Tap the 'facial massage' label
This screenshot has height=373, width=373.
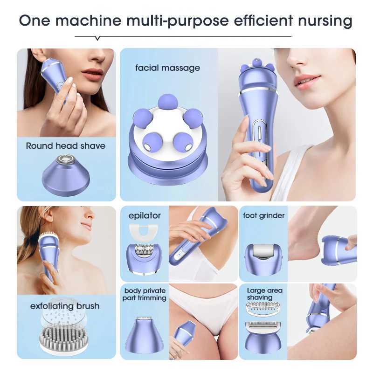click(x=167, y=68)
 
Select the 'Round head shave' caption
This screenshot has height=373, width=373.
click(x=66, y=146)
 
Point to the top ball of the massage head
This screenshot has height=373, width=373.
click(x=166, y=101)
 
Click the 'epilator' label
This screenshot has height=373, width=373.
click(x=145, y=215)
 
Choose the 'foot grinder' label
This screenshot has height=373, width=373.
click(x=264, y=215)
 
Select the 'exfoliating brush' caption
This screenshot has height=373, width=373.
click(x=65, y=306)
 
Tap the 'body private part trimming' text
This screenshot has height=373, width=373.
click(x=145, y=294)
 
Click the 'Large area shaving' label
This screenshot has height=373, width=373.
click(x=264, y=294)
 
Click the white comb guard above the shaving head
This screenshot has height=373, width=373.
click(x=264, y=308)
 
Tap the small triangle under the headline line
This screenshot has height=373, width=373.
click(x=97, y=38)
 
